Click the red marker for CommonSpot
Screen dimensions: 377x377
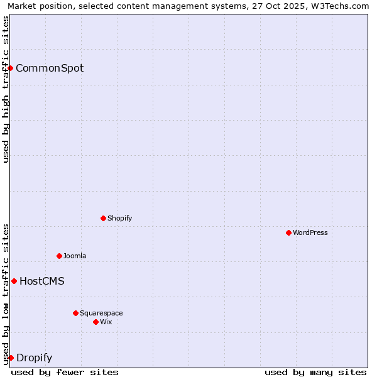pos(11,68)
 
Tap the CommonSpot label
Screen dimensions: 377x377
pos(50,68)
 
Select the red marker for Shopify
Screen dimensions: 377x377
pos(103,218)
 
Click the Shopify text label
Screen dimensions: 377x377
pos(120,218)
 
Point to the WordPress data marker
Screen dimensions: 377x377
pos(288,232)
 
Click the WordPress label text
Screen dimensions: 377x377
pos(310,232)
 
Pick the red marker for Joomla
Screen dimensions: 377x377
pos(59,256)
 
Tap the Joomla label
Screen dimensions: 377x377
pos(75,256)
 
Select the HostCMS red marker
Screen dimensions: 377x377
pos(14,281)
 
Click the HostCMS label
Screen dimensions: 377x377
pos(42,281)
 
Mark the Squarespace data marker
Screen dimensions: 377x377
pos(75,313)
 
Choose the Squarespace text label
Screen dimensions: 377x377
pos(101,313)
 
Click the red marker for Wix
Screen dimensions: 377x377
pos(96,322)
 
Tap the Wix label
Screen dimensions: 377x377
pos(106,322)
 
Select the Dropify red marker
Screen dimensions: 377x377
pos(11,358)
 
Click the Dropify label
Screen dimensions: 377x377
pos(34,358)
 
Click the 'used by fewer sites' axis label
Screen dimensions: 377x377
pos(65,372)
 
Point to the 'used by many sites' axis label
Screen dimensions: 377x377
pos(315,372)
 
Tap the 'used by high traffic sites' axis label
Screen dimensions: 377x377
pos(6,89)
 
